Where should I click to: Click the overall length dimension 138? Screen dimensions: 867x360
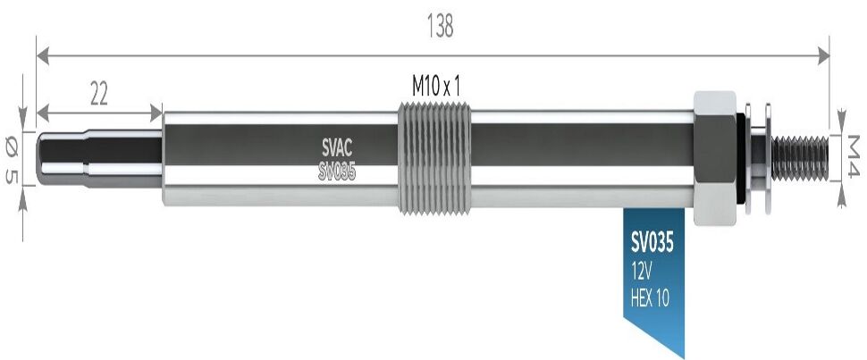pyautogui.click(x=440, y=26)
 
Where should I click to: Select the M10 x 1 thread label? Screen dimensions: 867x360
pyautogui.click(x=436, y=87)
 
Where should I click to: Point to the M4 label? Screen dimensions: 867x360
pyautogui.click(x=852, y=156)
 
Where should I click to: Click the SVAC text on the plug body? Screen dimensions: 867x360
pyautogui.click(x=337, y=147)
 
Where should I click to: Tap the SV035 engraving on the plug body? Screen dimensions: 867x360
pyautogui.click(x=337, y=172)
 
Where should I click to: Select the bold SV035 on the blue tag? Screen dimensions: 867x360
pyautogui.click(x=652, y=243)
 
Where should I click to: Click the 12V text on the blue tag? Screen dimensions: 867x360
pyautogui.click(x=642, y=272)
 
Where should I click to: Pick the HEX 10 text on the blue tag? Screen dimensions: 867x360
pyautogui.click(x=650, y=298)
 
